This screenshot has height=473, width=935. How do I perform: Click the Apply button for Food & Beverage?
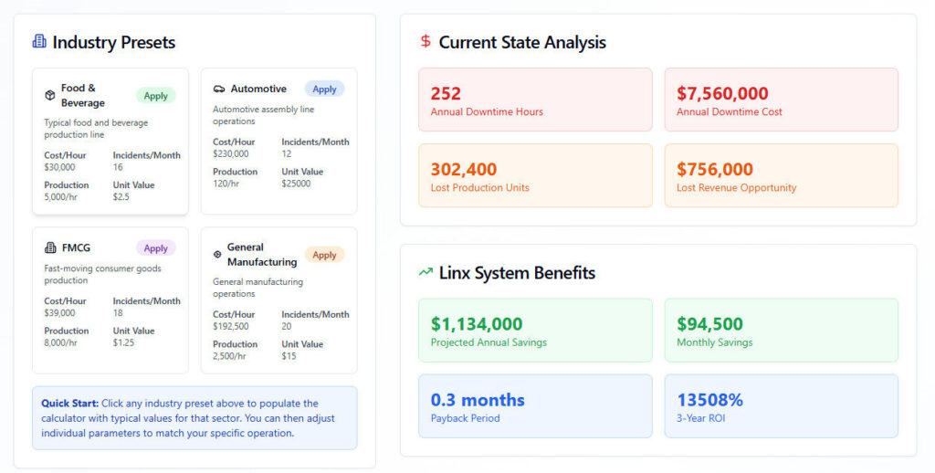(156, 96)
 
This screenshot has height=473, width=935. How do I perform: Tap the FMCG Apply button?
(156, 248)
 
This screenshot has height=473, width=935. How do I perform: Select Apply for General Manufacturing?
(324, 255)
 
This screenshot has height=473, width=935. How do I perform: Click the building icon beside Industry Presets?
(39, 42)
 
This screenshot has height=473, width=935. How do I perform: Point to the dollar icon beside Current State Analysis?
(425, 42)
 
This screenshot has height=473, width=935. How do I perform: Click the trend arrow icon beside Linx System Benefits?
(425, 272)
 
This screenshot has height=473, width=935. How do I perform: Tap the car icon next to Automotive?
(219, 89)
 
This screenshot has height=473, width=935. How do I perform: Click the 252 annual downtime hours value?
(446, 93)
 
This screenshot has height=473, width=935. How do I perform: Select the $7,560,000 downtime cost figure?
(722, 93)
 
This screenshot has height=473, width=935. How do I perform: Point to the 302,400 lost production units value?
(464, 169)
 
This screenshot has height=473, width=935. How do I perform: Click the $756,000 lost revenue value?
(715, 169)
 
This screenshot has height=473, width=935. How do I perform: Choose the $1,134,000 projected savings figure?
(477, 324)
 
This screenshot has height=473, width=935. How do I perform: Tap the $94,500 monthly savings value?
(709, 324)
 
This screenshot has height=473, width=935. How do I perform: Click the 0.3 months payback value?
(478, 400)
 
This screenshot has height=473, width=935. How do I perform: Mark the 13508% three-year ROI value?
(709, 400)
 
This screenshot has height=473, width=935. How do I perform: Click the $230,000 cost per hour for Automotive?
(231, 153)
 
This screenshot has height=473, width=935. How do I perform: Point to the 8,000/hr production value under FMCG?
(61, 342)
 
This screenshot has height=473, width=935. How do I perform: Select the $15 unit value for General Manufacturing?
(289, 356)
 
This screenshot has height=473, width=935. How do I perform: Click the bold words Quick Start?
(69, 403)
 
